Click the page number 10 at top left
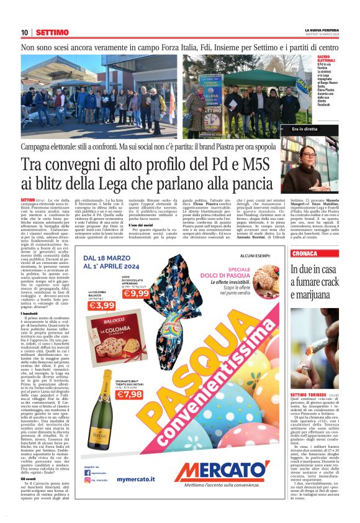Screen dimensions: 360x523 click(24, 32)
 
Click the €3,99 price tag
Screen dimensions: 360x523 click(101, 305)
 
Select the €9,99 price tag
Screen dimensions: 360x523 click(136, 293)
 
